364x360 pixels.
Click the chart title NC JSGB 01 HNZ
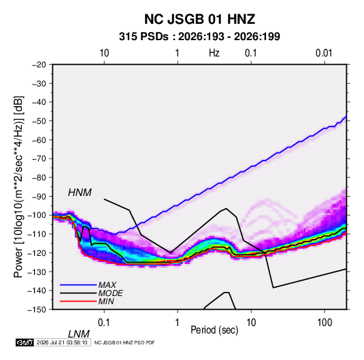coord(199,19)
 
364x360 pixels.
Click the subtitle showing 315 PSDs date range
coord(199,37)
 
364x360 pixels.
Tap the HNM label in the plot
coord(80,193)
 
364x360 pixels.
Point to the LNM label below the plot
coord(79,334)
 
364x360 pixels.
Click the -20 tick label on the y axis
coord(39,65)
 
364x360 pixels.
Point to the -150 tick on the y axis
coord(37,310)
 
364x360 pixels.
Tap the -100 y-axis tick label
coord(37,215)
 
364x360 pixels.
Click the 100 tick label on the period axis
coord(325,322)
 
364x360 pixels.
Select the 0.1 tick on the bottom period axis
coord(103,322)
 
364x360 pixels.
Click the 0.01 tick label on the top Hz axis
coord(324,53)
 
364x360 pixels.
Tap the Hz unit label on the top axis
coord(214,53)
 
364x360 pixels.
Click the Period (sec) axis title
coord(214,330)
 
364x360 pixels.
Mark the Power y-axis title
coord(18,187)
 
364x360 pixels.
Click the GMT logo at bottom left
coord(24,342)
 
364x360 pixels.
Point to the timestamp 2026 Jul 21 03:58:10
coord(62,342)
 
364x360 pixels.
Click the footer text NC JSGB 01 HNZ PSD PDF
coord(125,342)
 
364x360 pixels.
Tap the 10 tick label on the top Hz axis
coord(104,53)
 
